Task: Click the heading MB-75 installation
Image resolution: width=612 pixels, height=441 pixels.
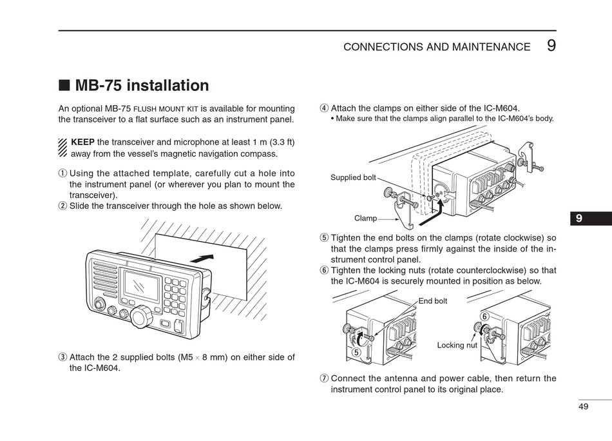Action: point(142,86)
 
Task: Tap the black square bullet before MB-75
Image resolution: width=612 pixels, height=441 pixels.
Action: point(64,85)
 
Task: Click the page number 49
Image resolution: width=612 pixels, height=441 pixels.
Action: point(583,407)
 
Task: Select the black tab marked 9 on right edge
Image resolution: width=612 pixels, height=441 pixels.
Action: point(591,219)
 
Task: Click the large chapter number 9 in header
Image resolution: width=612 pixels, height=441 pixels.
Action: point(551,46)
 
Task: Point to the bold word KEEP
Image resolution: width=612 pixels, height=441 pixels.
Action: point(82,142)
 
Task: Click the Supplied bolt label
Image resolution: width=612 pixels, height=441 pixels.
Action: point(353,177)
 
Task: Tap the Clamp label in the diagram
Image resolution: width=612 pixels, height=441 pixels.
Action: point(365,218)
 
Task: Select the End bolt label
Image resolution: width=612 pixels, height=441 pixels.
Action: point(432,301)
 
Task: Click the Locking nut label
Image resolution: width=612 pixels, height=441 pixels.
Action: point(457,346)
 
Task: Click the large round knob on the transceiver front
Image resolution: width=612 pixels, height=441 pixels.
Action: point(142,317)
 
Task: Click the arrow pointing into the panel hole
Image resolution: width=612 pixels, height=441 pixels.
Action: point(202,259)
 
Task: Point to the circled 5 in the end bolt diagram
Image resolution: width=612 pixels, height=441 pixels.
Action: point(356,352)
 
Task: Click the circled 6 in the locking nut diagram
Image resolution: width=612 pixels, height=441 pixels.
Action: point(484,317)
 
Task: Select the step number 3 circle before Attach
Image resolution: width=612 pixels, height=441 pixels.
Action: point(62,357)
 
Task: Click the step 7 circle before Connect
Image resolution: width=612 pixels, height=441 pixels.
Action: point(324,378)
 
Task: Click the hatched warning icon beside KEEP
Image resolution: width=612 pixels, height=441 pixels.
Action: point(63,148)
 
